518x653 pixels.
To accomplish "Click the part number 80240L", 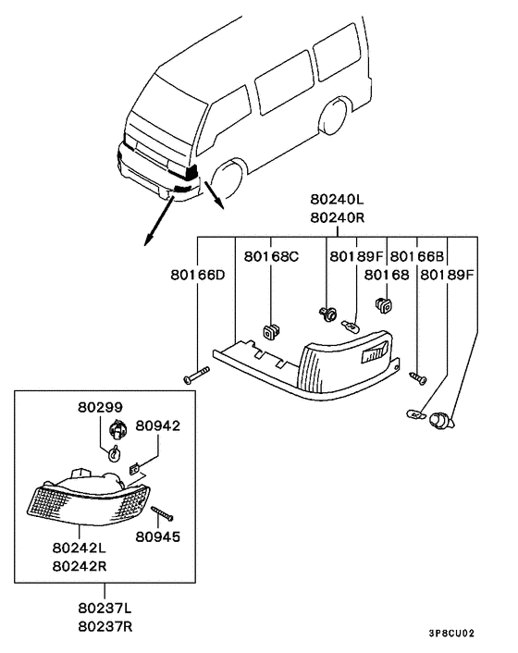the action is tap(337, 199).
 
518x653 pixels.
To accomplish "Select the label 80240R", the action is tap(337, 217).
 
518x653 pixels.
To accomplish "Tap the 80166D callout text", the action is tap(197, 275).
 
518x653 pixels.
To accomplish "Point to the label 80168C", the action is tap(271, 256).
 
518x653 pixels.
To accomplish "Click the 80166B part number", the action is tap(417, 256).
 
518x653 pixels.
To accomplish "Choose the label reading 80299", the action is tap(100, 407).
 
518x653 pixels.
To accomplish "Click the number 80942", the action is tap(158, 425).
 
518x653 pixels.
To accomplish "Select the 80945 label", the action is tap(158, 536).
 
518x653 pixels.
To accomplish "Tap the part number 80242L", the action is tap(80, 548).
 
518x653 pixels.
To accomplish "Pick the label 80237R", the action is tap(105, 626).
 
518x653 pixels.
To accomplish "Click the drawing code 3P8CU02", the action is tap(451, 634).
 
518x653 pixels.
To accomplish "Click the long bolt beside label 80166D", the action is tap(196, 376).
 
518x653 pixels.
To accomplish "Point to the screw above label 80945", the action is tap(162, 513).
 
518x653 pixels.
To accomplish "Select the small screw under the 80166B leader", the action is tap(418, 378).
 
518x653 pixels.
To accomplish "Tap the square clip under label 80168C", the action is tap(271, 331).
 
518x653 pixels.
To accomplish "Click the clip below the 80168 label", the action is tap(384, 305).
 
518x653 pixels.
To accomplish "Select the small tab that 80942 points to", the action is tap(134, 469).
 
